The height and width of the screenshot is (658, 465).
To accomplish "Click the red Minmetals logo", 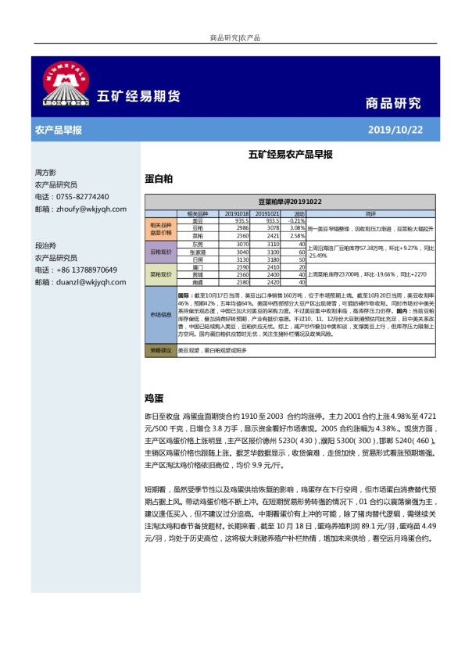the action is coord(63,84).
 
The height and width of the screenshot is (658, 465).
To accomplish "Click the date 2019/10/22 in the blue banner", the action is coord(395,129).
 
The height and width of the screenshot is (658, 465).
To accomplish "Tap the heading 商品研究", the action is coord(393,102).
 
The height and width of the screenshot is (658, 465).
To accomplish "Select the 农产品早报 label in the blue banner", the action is coord(59,129).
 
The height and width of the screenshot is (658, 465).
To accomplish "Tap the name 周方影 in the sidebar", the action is coord(45,172).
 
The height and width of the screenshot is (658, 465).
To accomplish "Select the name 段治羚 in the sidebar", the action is coord(45,245).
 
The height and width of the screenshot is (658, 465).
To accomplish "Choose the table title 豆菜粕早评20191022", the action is coord(290,202).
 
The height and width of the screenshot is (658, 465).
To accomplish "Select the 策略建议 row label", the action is coord(162,350).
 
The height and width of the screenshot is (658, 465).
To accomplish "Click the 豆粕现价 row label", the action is coord(162,252).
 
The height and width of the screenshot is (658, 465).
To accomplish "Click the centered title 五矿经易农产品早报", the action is coord(290,155).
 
